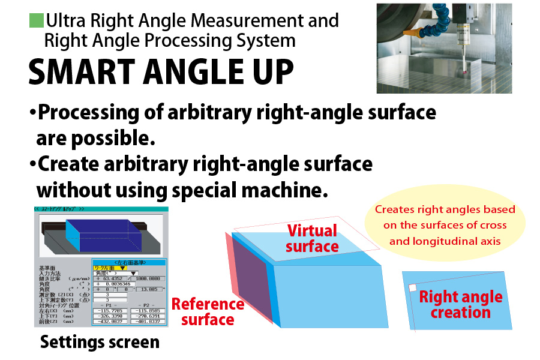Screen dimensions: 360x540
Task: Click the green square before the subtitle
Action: tap(36, 21)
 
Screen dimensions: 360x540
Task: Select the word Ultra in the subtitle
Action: tap(67, 21)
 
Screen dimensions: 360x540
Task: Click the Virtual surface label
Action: tap(312, 238)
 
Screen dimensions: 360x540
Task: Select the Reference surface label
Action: tap(208, 311)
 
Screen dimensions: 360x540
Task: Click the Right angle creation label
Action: tap(460, 304)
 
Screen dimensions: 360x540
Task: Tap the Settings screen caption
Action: tap(100, 342)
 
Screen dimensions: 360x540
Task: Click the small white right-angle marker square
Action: tap(412, 288)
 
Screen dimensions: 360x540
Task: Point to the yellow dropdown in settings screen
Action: tap(109, 268)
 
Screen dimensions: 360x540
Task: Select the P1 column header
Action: tap(109, 304)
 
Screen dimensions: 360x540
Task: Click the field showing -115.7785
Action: tap(109, 310)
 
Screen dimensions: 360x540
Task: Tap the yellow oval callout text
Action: tap(445, 226)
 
